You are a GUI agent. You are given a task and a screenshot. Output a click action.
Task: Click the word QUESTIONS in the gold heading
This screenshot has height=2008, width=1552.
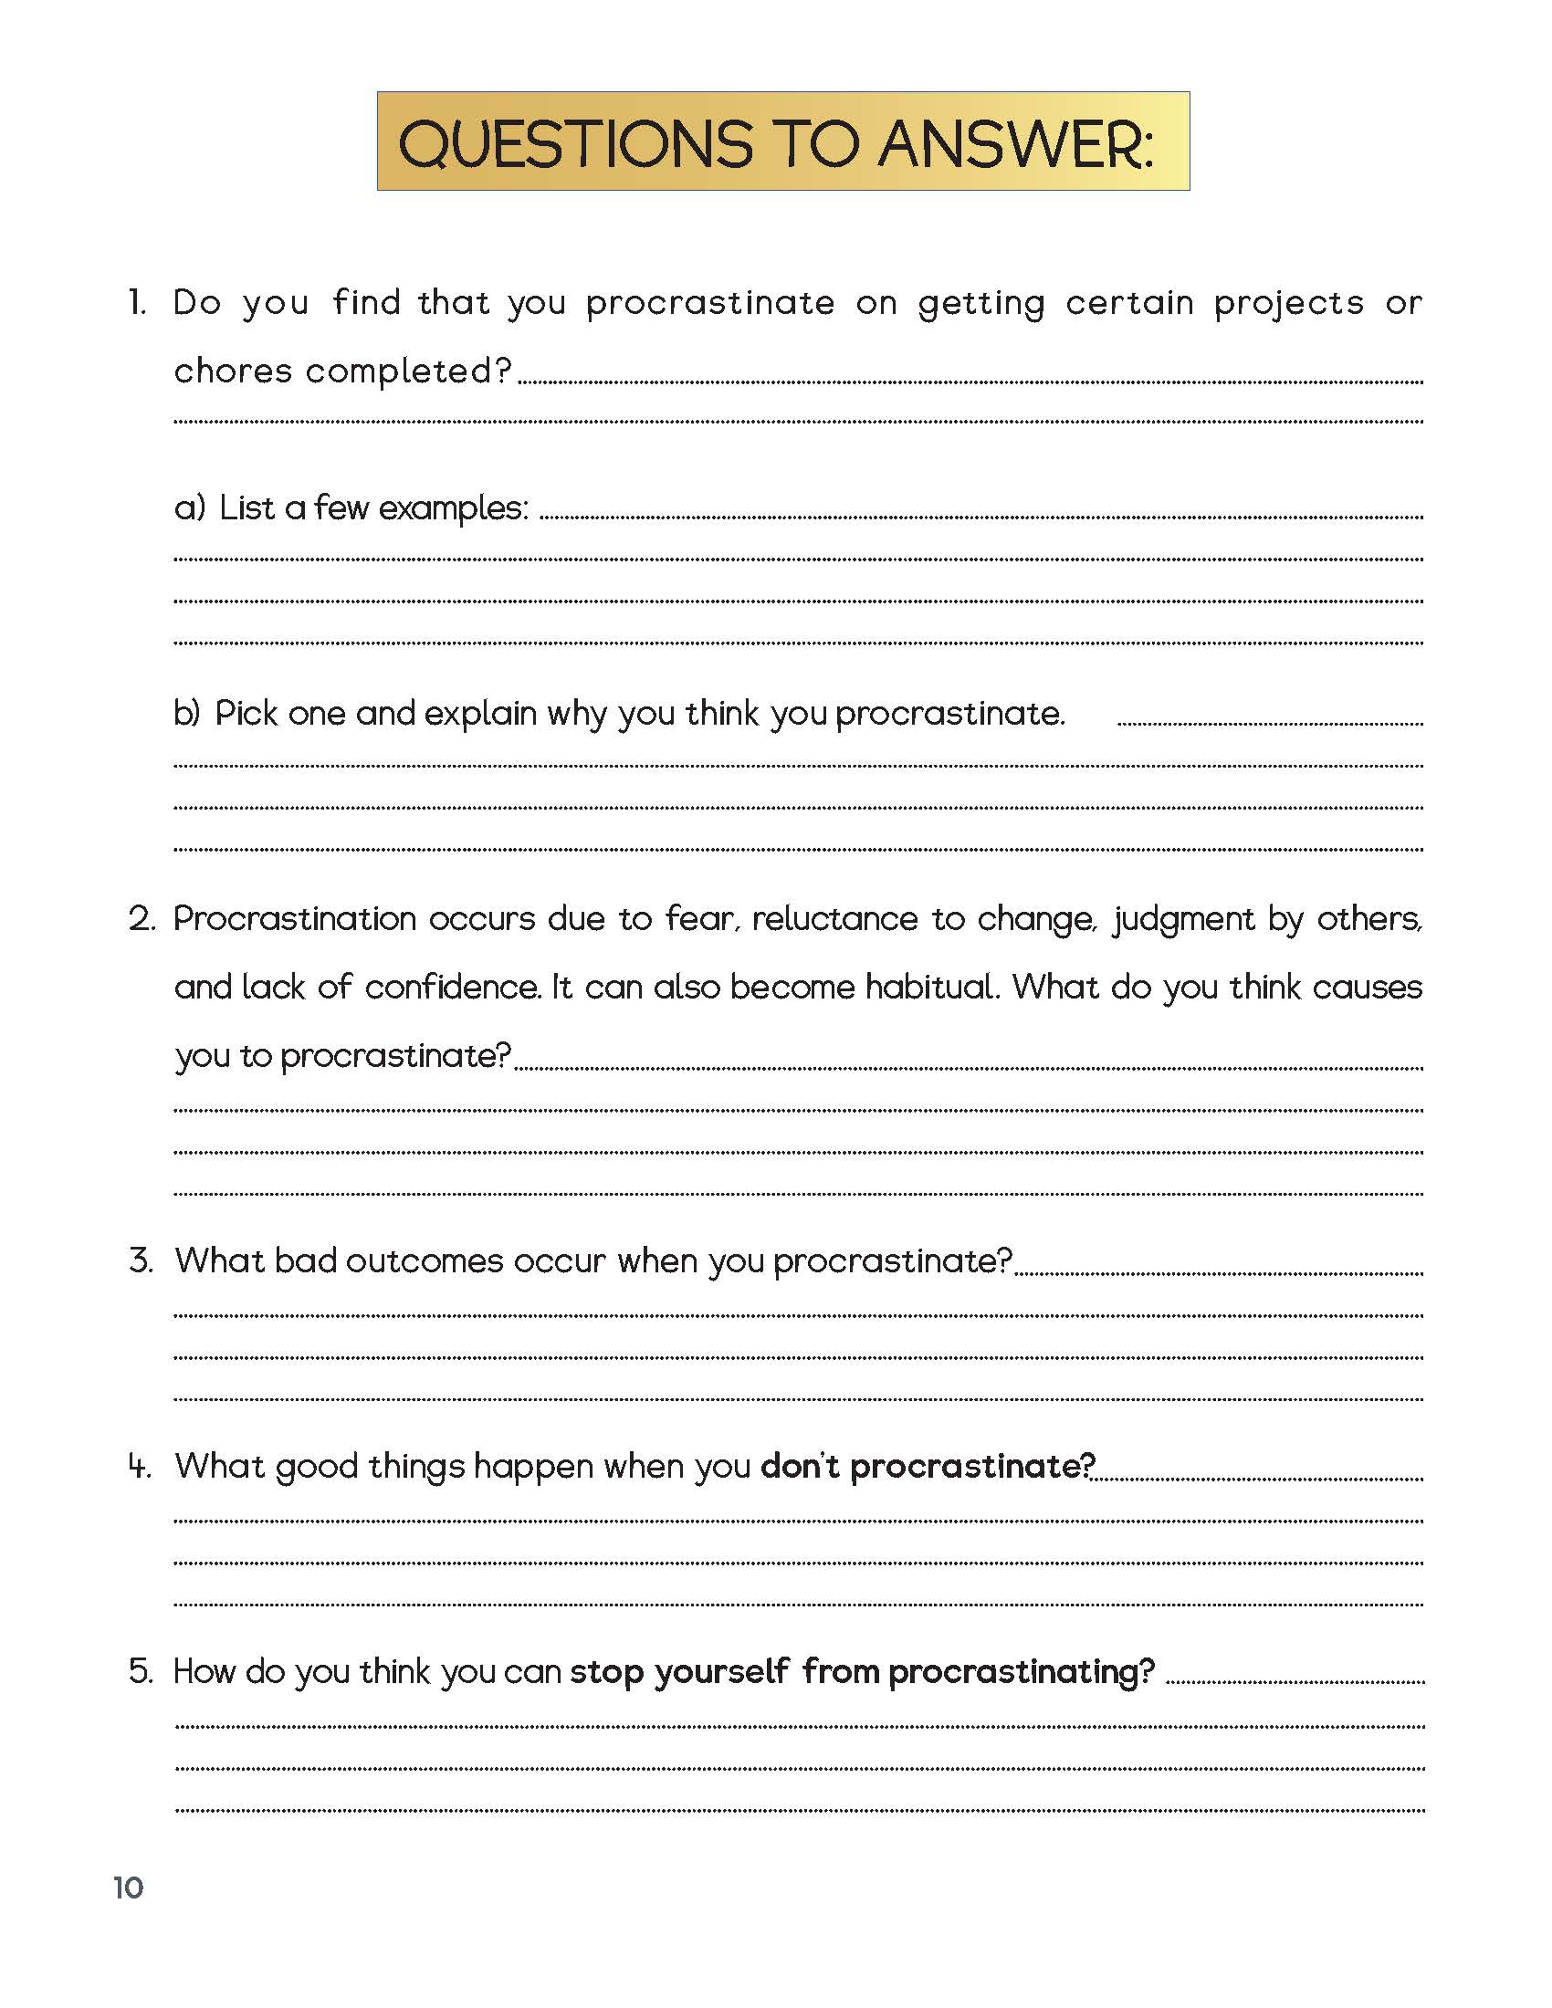point(575,144)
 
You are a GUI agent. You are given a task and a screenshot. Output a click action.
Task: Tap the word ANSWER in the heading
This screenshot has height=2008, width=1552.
point(1014,144)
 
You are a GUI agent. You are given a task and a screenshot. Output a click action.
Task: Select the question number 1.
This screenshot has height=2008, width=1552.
point(137,302)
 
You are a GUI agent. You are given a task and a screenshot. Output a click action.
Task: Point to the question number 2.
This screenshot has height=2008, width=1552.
point(141,918)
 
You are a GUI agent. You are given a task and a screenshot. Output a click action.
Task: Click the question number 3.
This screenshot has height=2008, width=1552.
point(141,1260)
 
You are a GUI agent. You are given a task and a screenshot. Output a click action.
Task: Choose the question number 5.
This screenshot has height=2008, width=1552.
point(141,1670)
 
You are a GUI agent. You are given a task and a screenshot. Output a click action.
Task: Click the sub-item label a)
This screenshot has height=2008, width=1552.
point(190,508)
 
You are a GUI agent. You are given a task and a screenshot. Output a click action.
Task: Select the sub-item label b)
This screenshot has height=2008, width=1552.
point(187,714)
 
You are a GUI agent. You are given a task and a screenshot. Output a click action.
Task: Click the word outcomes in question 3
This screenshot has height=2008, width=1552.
point(424,1260)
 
